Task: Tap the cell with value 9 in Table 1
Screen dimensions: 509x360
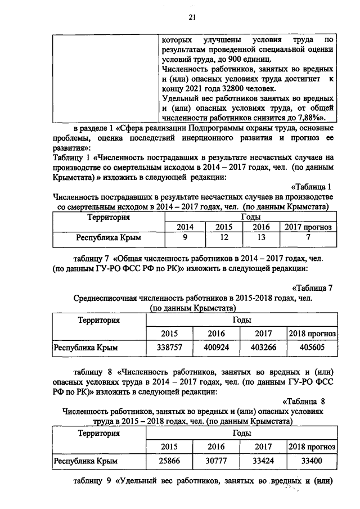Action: [185, 238]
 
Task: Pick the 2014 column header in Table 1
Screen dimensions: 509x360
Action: [185, 227]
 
